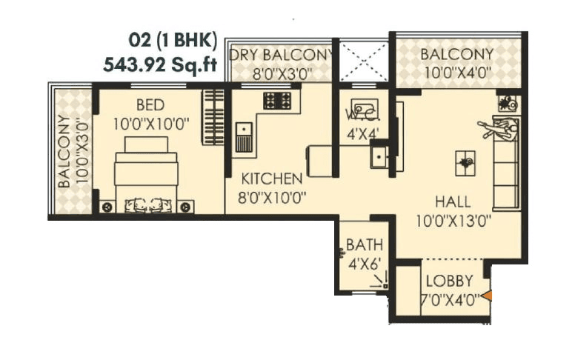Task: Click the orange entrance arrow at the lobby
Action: pyautogui.click(x=487, y=296)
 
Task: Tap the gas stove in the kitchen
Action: pyautogui.click(x=277, y=100)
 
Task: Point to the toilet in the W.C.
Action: pyautogui.click(x=364, y=108)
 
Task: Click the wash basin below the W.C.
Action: pyautogui.click(x=379, y=156)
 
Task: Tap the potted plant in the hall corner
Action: pyautogui.click(x=508, y=104)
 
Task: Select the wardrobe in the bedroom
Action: pyautogui.click(x=213, y=117)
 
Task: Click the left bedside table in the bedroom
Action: pyautogui.click(x=107, y=207)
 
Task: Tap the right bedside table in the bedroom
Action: pyautogui.click(x=185, y=207)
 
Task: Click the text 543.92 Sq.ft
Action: pyautogui.click(x=160, y=64)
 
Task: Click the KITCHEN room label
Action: pyautogui.click(x=272, y=179)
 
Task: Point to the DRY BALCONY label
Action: pyautogui.click(x=281, y=55)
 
